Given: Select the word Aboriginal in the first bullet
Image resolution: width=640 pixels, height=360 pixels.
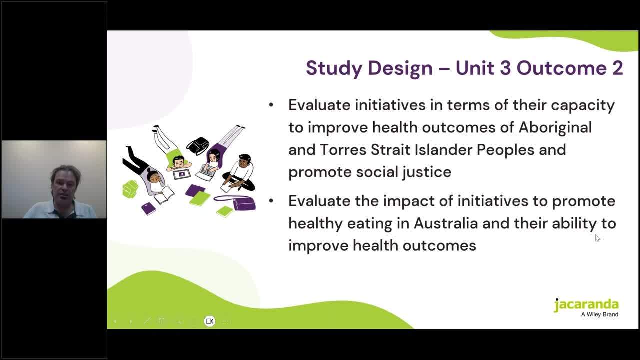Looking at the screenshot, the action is pyautogui.click(x=555, y=127).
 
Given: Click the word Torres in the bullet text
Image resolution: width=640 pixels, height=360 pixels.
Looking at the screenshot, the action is pyautogui.click(x=343, y=150).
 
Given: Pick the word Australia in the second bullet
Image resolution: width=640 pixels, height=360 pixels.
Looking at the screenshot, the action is pyautogui.click(x=446, y=223).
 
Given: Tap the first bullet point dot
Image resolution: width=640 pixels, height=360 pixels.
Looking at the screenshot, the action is pyautogui.click(x=271, y=105).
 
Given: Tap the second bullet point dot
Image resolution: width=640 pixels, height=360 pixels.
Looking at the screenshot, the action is pyautogui.click(x=271, y=201).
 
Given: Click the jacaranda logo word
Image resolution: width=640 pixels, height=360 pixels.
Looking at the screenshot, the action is pyautogui.click(x=586, y=305).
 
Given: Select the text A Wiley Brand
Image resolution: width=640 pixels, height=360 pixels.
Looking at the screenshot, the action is pyautogui.click(x=600, y=314).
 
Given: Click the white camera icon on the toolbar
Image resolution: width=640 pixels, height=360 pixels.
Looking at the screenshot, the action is pyautogui.click(x=209, y=321).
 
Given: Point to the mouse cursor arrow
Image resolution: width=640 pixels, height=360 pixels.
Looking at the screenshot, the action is pyautogui.click(x=597, y=238).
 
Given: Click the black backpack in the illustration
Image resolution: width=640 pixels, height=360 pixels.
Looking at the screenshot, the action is pyautogui.click(x=198, y=145).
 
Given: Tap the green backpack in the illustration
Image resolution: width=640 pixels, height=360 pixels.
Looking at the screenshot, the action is pyautogui.click(x=130, y=189).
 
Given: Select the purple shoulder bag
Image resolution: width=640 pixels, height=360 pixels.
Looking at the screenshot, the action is pyautogui.click(x=237, y=202).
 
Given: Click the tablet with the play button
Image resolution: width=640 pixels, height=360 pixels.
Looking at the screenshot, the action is pyautogui.click(x=181, y=174).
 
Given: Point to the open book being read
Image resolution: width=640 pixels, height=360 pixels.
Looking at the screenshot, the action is pyautogui.click(x=164, y=195).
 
